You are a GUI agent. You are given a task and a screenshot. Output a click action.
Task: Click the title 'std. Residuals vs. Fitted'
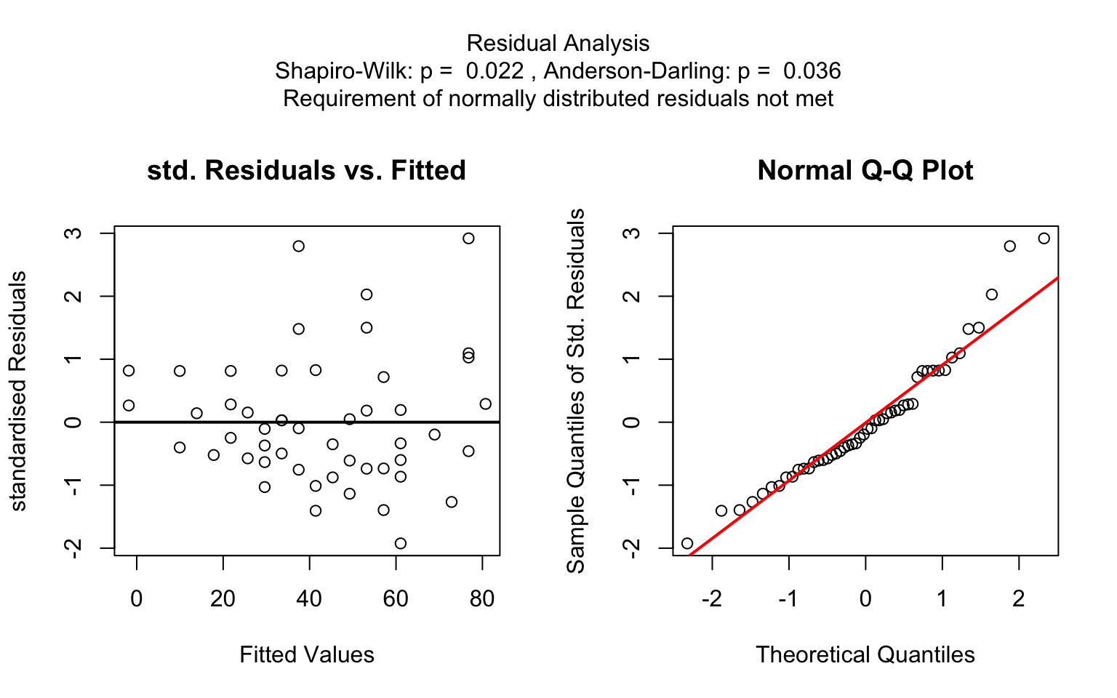[x=306, y=171]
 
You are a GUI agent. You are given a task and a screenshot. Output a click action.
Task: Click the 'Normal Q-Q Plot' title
[x=865, y=171]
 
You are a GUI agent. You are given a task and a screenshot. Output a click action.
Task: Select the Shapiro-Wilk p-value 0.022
[x=495, y=71]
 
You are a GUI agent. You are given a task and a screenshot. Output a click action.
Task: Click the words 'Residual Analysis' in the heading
[x=558, y=44]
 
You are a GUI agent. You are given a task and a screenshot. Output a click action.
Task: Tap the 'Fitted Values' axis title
[x=306, y=655]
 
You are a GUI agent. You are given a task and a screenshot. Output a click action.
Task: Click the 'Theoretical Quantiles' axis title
[x=865, y=655]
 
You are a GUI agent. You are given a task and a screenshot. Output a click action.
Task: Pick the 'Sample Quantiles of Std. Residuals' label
[x=576, y=391]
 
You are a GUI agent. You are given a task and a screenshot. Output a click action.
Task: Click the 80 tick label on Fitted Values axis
[x=482, y=599]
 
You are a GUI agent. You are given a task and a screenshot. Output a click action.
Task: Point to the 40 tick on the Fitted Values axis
[x=309, y=599]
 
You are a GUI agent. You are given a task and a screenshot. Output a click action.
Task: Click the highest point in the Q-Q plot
[x=1044, y=238]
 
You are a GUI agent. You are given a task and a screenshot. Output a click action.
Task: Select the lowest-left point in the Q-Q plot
[x=687, y=543]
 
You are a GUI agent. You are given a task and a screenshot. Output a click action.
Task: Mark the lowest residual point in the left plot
[x=400, y=543]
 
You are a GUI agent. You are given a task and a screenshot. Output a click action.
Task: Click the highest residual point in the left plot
[x=468, y=238]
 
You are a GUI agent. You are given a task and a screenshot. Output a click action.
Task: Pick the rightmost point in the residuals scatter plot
[x=485, y=404]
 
